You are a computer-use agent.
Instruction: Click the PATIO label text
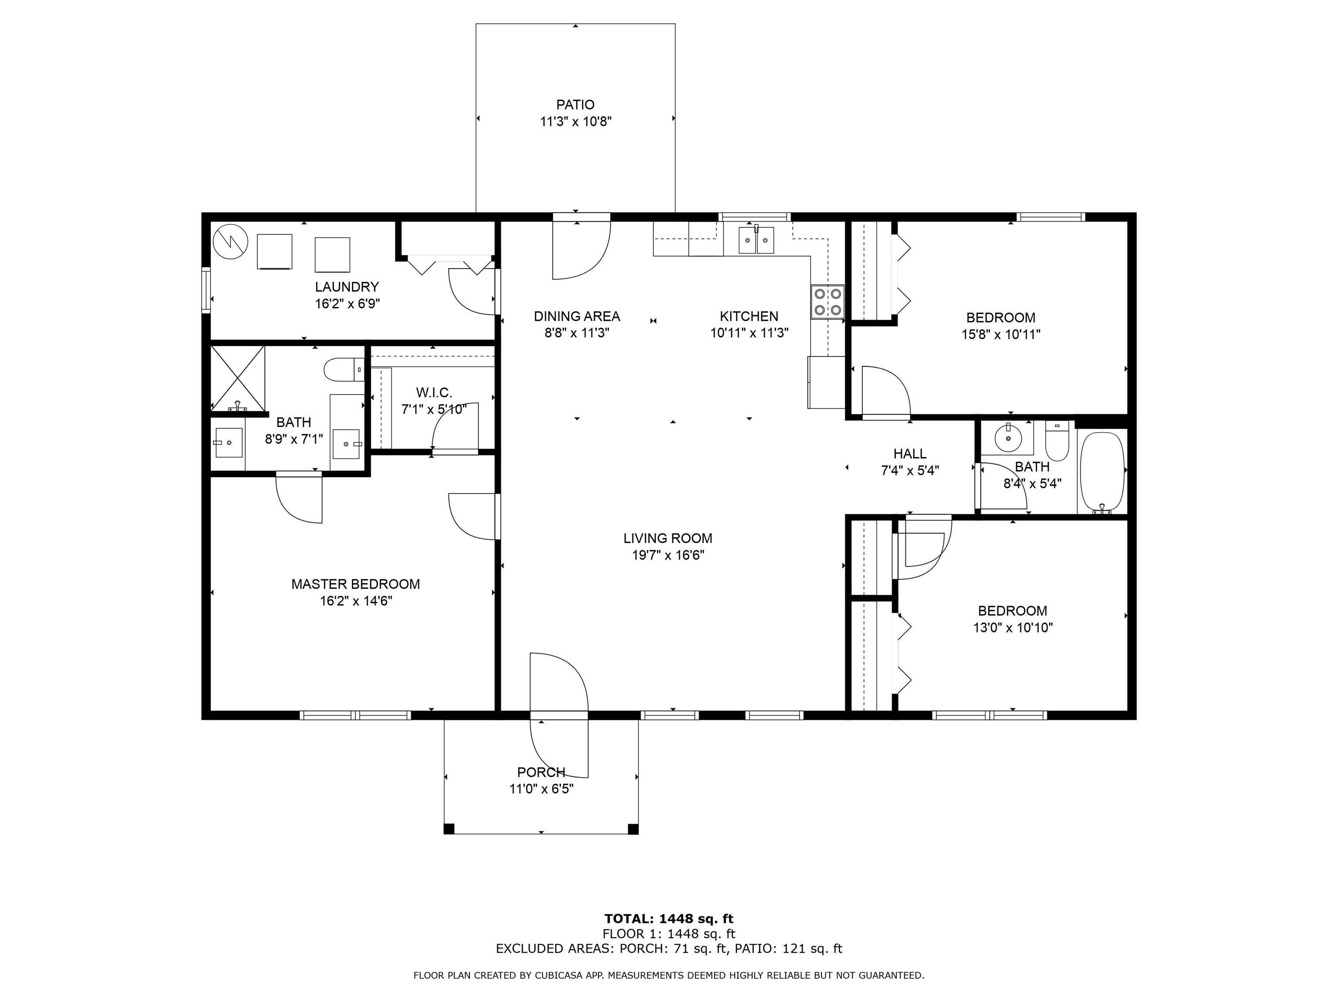(x=575, y=104)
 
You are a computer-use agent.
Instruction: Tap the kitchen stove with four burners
(x=828, y=302)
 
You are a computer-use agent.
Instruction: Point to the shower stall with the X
(x=237, y=378)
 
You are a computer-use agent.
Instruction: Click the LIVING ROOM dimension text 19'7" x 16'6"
(x=668, y=555)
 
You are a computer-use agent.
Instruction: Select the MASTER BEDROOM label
(x=356, y=584)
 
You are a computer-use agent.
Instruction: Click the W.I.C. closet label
(x=434, y=393)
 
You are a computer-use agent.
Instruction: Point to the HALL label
(x=910, y=454)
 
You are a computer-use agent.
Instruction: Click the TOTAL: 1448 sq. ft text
(x=669, y=919)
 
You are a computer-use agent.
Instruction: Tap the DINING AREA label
(x=577, y=316)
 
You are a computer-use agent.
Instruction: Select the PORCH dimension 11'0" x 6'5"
(x=541, y=789)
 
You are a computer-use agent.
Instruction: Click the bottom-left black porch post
(x=449, y=829)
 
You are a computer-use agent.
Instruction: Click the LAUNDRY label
(x=347, y=286)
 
